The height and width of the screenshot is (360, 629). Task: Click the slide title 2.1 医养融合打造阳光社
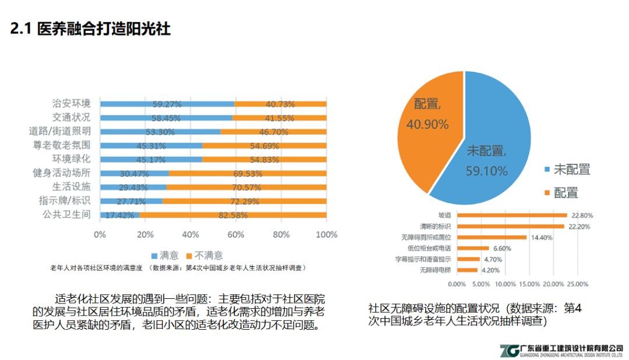tap(90, 29)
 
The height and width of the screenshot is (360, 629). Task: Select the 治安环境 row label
tap(71, 104)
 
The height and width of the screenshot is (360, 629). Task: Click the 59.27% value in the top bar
tap(167, 104)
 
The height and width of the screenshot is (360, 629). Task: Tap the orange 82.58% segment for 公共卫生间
tap(232, 215)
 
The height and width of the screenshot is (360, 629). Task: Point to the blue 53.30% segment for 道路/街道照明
tap(160, 132)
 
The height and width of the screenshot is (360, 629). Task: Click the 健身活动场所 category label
tap(62, 173)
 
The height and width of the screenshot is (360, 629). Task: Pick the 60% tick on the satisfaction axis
tap(235, 235)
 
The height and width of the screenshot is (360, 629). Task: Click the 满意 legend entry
tap(165, 255)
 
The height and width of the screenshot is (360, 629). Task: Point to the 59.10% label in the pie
tap(486, 171)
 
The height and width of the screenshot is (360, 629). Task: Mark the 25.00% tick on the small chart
tap(578, 284)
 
